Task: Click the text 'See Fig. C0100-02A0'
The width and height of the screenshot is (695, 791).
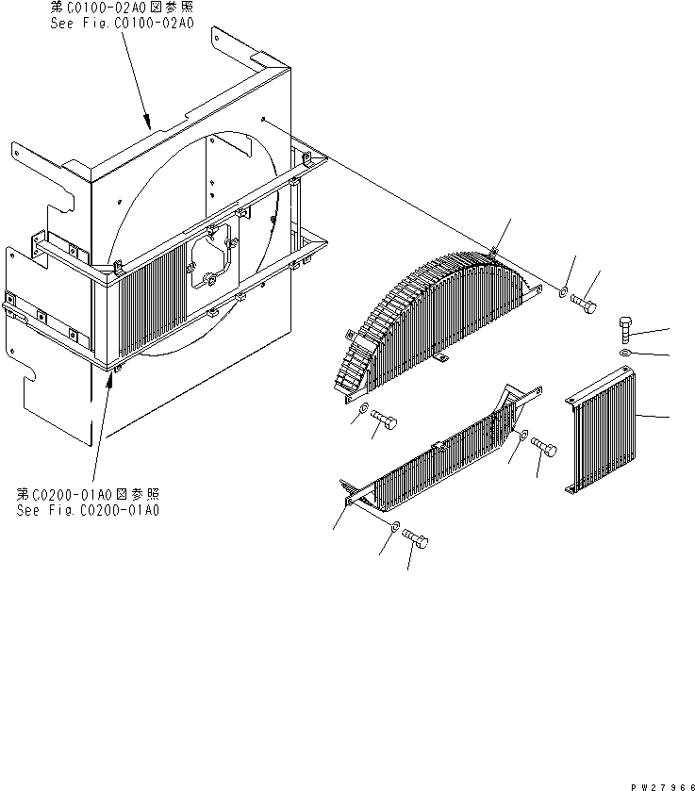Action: [123, 24]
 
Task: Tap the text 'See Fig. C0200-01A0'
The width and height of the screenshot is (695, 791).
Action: [88, 510]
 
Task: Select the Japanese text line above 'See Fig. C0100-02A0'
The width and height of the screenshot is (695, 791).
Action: [121, 7]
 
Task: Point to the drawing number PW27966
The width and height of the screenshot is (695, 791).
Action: [662, 787]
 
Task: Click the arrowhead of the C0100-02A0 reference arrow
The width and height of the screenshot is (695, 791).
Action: [147, 122]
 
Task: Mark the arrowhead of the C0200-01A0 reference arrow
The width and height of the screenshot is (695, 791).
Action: [109, 380]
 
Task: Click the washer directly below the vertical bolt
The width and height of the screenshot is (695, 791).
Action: [624, 352]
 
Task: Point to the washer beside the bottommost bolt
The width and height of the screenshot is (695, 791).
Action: [395, 526]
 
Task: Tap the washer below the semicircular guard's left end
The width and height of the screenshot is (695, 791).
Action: [363, 407]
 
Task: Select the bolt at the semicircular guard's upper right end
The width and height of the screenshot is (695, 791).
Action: [584, 303]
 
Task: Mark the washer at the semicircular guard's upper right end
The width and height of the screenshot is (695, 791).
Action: [563, 292]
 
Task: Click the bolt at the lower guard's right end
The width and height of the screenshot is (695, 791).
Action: [543, 447]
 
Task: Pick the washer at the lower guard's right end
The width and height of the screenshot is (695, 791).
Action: [523, 435]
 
